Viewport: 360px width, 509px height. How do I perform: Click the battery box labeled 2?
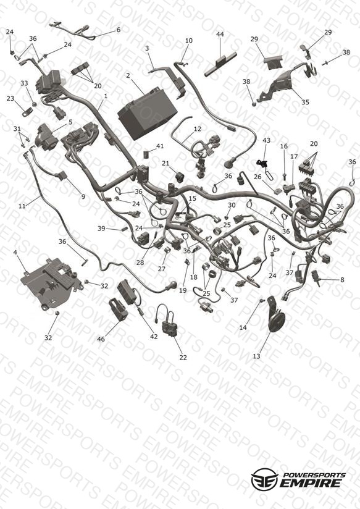pyautogui.click(x=147, y=113)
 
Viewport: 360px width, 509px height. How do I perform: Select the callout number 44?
pyautogui.click(x=220, y=34)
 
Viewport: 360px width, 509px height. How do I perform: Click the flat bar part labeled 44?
pyautogui.click(x=220, y=64)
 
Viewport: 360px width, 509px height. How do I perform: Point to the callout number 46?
pyautogui.click(x=101, y=339)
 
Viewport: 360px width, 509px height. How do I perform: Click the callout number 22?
pyautogui.click(x=183, y=358)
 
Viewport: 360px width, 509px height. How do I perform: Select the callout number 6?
pyautogui.click(x=119, y=30)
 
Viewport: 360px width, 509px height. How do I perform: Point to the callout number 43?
pyautogui.click(x=266, y=141)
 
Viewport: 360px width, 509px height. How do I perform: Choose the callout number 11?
pyautogui.click(x=22, y=206)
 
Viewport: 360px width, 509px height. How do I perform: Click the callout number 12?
pyautogui.click(x=198, y=129)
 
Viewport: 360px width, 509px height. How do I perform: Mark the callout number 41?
pyautogui.click(x=160, y=146)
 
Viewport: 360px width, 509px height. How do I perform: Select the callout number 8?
pyautogui.click(x=342, y=279)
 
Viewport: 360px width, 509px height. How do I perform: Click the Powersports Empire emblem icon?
pyautogui.click(x=264, y=479)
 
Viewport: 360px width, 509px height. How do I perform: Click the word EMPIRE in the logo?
pyautogui.click(x=311, y=483)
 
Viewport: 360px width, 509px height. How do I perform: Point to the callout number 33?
pyautogui.click(x=24, y=83)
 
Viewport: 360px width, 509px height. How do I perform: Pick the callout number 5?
pyautogui.click(x=70, y=122)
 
